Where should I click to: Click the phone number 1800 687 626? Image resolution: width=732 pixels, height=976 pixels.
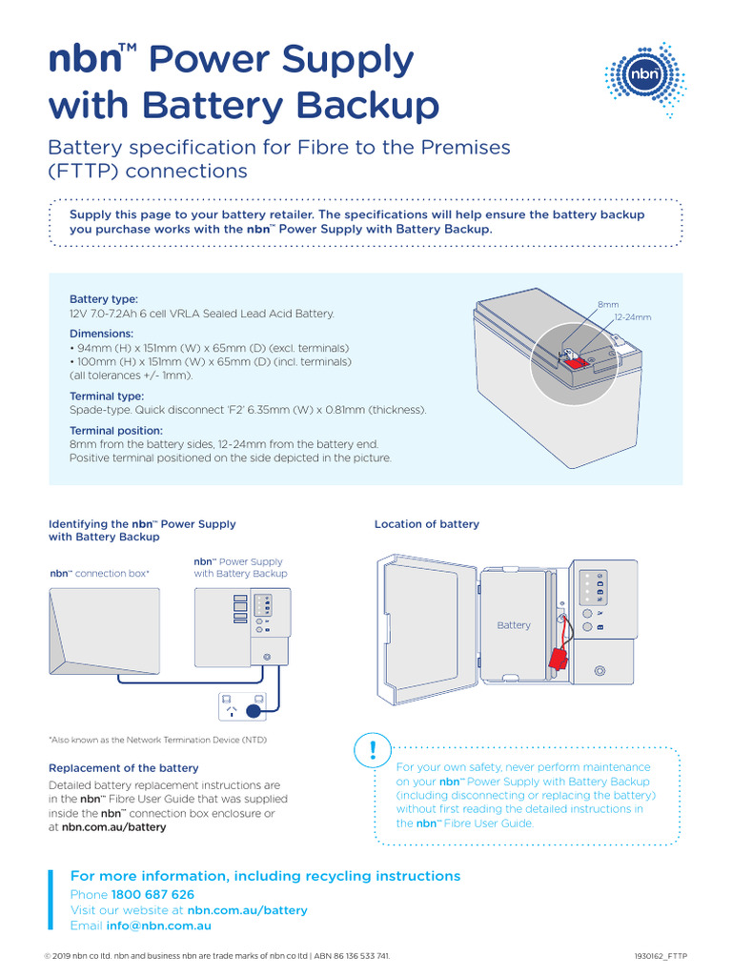152,895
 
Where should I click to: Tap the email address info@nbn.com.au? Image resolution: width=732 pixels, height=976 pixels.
158,925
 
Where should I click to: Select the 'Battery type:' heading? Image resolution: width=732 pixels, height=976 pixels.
104,299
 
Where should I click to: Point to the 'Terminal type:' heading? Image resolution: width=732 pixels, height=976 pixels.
107,396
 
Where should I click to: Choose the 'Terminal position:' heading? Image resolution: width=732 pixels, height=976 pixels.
116,431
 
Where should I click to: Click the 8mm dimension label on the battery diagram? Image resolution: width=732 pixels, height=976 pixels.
607,304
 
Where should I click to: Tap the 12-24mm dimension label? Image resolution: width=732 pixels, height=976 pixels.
633,316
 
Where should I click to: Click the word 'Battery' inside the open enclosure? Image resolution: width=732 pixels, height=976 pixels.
513,625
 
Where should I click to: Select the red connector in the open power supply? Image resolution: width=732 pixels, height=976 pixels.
557,660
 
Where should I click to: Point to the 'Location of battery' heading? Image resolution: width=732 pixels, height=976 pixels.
426,524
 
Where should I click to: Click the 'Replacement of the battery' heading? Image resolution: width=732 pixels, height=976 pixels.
124,768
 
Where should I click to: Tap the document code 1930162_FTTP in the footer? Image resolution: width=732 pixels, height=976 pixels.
661,956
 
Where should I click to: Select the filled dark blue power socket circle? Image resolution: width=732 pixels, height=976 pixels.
254,711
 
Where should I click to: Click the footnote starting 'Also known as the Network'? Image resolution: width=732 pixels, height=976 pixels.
158,740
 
